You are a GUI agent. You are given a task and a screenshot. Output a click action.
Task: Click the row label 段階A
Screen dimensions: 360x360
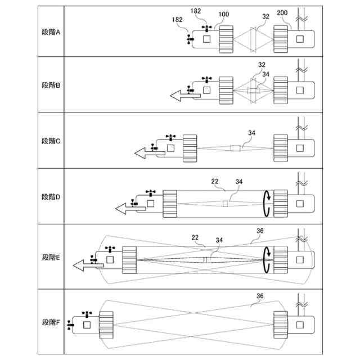tap(51, 31)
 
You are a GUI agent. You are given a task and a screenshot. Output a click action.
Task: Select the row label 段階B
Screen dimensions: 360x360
tap(51, 85)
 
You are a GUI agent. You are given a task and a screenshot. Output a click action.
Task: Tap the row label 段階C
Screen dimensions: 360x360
tap(51, 141)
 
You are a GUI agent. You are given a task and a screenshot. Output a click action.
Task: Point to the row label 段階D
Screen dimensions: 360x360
tap(51, 197)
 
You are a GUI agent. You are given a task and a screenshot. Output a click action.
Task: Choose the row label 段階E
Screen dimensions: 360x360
tap(51, 257)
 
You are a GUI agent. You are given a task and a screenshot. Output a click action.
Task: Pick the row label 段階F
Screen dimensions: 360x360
tap(51, 322)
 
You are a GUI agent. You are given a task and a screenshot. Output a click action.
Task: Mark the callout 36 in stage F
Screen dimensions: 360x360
tap(260, 296)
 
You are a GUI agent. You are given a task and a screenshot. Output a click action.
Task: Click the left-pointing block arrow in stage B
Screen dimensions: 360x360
tap(185, 96)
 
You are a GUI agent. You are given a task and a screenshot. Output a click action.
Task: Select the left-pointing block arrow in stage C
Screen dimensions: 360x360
tap(149, 151)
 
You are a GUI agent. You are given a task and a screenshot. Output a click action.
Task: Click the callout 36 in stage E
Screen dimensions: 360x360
tap(260, 230)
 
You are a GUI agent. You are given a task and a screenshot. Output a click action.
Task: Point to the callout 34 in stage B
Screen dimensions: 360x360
tap(266, 73)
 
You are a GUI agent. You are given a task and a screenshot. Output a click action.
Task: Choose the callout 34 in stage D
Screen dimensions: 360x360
tap(239, 181)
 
